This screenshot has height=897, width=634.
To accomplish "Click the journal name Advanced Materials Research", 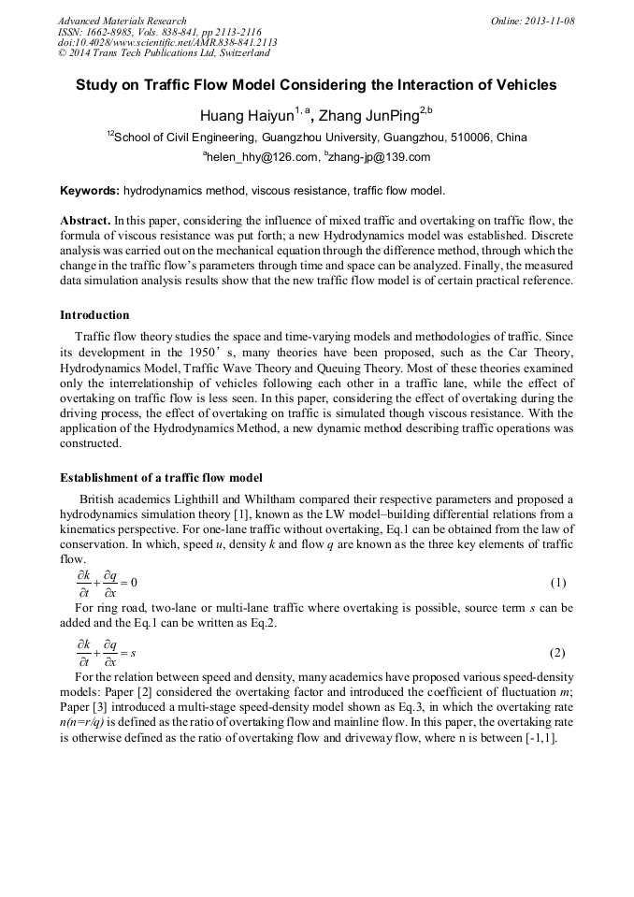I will [122, 21].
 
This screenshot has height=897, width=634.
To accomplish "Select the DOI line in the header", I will [167, 43].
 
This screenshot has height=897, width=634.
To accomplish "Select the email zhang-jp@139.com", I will [380, 157].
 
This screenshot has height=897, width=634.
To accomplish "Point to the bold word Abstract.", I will [84, 221].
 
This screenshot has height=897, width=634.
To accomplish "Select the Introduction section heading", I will [94, 315].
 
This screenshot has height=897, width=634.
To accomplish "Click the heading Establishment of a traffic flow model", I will [161, 478].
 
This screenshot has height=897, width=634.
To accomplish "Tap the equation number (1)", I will [558, 583].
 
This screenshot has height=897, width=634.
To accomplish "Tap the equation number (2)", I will [558, 653].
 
